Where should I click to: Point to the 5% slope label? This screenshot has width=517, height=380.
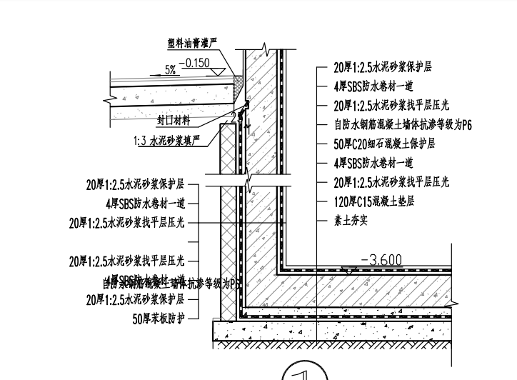pyautogui.click(x=171, y=70)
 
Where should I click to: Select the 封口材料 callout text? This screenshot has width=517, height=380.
pyautogui.click(x=172, y=119)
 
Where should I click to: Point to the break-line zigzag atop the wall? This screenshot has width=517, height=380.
pyautogui.click(x=265, y=50)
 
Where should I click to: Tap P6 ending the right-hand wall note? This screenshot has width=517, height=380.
pyautogui.click(x=466, y=124)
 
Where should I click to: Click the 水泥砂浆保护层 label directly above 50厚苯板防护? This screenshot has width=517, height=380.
pyautogui.click(x=136, y=299)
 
